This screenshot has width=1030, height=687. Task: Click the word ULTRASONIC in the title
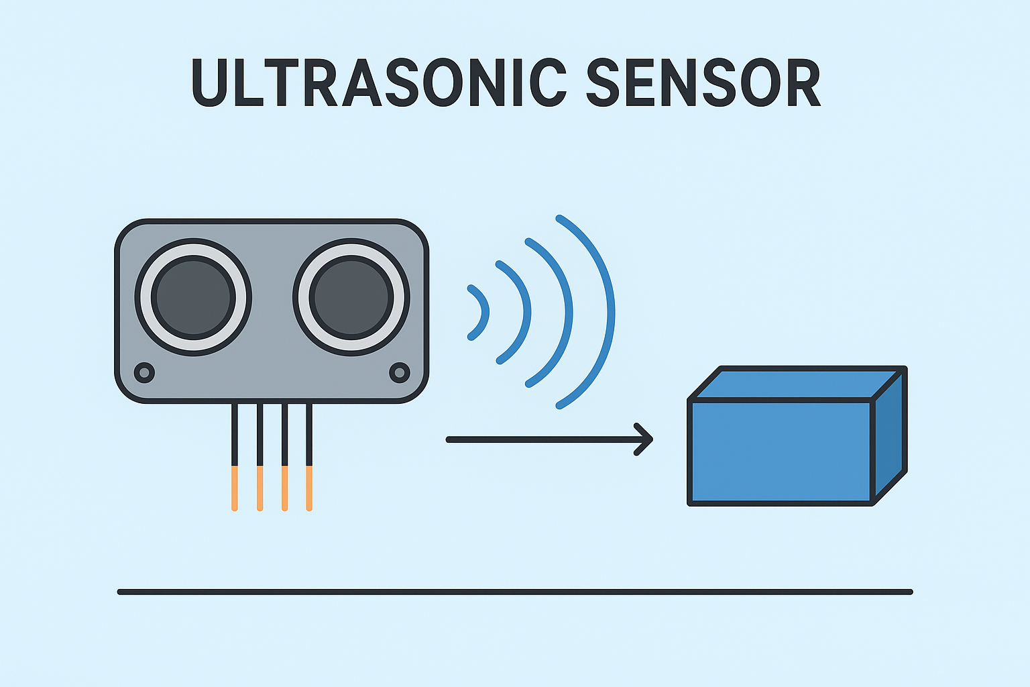(x=379, y=83)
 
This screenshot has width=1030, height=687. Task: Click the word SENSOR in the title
(x=703, y=83)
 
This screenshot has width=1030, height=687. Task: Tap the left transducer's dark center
(x=193, y=297)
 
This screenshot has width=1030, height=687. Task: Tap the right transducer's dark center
(x=351, y=297)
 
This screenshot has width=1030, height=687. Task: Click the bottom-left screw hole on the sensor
(x=144, y=372)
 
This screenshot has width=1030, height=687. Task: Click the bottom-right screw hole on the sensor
(x=400, y=372)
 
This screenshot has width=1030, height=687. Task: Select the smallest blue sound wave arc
(x=484, y=312)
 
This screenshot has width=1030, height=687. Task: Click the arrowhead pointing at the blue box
(x=645, y=439)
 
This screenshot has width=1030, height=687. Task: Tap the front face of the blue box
(x=781, y=452)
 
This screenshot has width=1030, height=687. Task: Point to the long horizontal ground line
(x=515, y=592)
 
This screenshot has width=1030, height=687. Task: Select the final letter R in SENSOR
(x=804, y=83)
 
